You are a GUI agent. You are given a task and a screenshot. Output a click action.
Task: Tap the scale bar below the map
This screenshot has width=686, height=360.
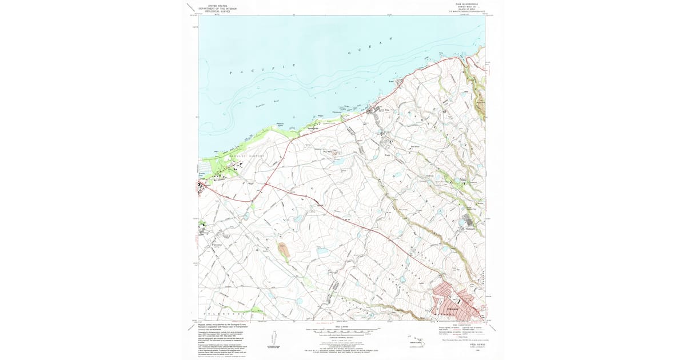[x=343, y=330]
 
